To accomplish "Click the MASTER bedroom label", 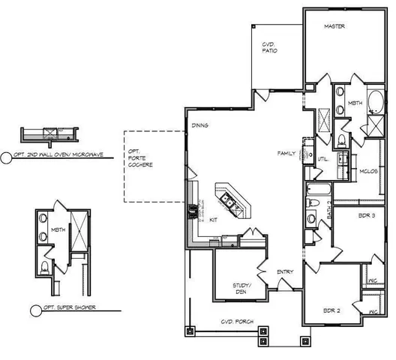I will coord(334,25).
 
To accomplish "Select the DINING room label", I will coord(199,125).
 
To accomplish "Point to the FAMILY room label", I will coord(286,153).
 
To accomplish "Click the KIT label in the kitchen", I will coord(214,220).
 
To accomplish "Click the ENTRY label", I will coord(285,271).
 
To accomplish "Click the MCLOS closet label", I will coord(367,170).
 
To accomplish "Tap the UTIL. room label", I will coord(324,160).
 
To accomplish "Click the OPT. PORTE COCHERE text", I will coord(140,157).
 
